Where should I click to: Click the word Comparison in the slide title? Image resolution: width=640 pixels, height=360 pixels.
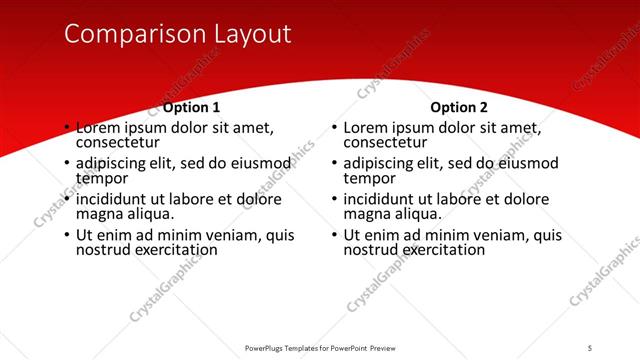(x=132, y=34)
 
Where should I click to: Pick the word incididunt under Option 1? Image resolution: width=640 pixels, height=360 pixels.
(x=118, y=199)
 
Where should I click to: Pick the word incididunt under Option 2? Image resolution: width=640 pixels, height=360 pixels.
(x=386, y=199)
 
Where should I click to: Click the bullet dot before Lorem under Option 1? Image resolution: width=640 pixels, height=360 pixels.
(x=67, y=129)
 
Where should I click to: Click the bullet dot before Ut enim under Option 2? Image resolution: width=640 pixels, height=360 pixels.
(x=335, y=236)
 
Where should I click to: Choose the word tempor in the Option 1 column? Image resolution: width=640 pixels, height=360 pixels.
(x=101, y=178)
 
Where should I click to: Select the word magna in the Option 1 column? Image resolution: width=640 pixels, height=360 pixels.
(x=97, y=214)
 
